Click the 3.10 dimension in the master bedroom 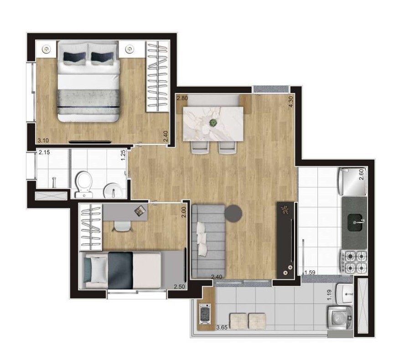[x=43, y=140]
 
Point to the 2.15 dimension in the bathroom [x=44, y=153]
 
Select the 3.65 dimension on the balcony [x=222, y=328]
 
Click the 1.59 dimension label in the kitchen [x=310, y=273]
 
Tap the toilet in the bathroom [x=83, y=184]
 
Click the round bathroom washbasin [x=113, y=190]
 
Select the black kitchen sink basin [x=355, y=223]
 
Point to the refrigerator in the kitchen [x=352, y=182]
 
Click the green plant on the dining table [x=213, y=123]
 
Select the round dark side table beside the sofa [x=233, y=214]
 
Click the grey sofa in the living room [x=209, y=241]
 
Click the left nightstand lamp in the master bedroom [x=46, y=49]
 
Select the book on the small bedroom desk [x=140, y=211]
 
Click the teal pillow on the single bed [x=88, y=270]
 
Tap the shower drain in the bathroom [x=54, y=182]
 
